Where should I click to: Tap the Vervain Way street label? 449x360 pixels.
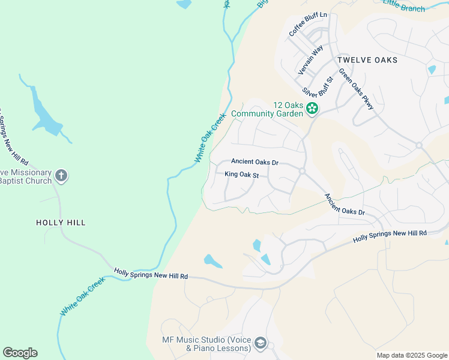311,59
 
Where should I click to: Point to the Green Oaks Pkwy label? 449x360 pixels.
356,89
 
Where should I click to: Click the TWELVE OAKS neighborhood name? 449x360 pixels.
367,61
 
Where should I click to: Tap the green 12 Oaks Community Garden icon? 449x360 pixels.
312,109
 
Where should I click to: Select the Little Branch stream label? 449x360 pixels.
405,7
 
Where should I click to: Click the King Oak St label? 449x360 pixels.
241,175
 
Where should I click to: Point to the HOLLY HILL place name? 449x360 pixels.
61,223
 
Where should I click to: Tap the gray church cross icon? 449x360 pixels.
61,176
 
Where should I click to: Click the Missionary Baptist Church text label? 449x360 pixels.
25,176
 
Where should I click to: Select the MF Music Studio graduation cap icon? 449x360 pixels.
261,343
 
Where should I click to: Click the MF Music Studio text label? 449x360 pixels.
206,344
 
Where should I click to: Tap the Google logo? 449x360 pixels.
20,353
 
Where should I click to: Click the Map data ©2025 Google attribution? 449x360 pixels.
412,355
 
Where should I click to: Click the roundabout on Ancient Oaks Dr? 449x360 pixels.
303,172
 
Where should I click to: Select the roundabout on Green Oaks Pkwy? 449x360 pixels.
418,145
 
